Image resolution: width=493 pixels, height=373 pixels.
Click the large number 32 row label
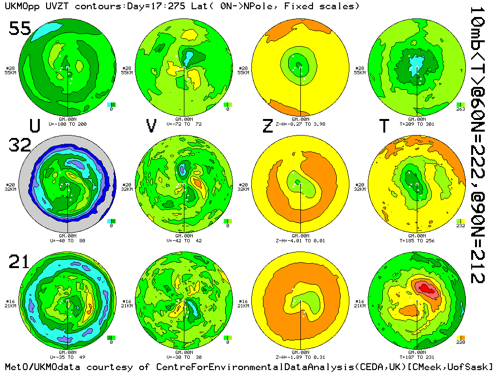pyautogui.click(x=20, y=145)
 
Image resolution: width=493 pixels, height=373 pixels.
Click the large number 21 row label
pyautogui.click(x=20, y=262)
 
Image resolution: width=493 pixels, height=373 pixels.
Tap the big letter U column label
pyautogui.click(x=35, y=126)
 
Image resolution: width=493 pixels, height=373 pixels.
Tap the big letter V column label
pyautogui.click(x=151, y=126)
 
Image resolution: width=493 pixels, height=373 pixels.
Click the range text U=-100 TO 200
pyautogui.click(x=67, y=124)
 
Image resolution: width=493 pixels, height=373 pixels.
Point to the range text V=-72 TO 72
pyautogui.click(x=184, y=124)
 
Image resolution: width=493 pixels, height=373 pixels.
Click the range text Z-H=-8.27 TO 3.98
pyautogui.click(x=300, y=124)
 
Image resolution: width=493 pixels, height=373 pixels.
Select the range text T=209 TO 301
pyautogui.click(x=417, y=124)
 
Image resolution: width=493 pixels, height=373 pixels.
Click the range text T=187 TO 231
pyautogui.click(x=417, y=357)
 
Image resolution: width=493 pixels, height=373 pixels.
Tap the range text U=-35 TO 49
pyautogui.click(x=67, y=357)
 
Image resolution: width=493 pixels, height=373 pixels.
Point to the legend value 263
pyautogui.click(x=461, y=109)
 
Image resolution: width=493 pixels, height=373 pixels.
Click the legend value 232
pyautogui.click(x=461, y=226)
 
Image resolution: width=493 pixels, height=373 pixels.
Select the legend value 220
pyautogui.click(x=461, y=342)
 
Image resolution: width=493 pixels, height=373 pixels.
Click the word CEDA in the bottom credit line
pyautogui.click(x=346, y=367)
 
